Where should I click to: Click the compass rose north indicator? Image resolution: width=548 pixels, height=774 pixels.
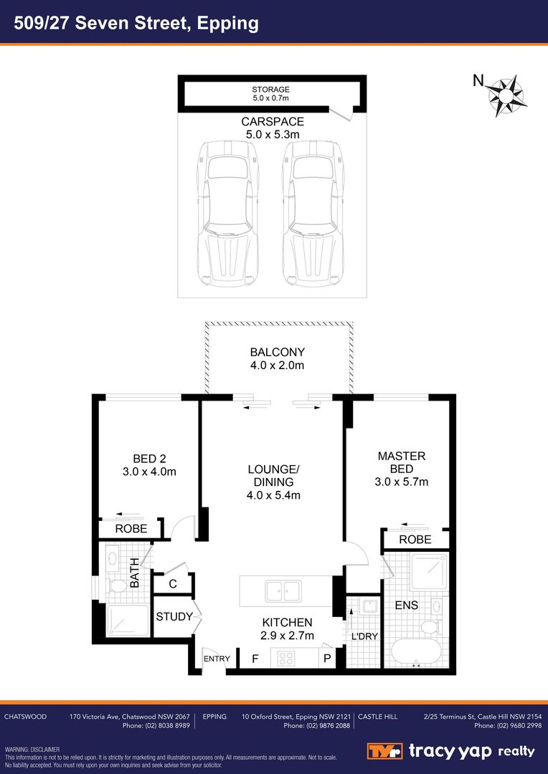[507, 95]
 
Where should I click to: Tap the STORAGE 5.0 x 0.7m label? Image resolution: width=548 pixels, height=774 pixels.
[270, 94]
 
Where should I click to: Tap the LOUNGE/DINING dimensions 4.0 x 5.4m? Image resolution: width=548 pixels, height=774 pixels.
[273, 495]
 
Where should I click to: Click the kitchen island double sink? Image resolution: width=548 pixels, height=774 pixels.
[283, 591]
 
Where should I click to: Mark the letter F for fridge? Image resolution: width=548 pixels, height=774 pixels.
[255, 658]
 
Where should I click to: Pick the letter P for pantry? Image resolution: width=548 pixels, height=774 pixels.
[327, 658]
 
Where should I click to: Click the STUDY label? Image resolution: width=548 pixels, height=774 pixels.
[174, 617]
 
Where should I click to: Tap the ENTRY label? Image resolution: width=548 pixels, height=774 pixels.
[217, 659]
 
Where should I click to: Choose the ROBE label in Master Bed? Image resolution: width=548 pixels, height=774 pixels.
[415, 540]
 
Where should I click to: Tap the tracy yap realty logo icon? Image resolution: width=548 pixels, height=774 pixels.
[384, 751]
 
